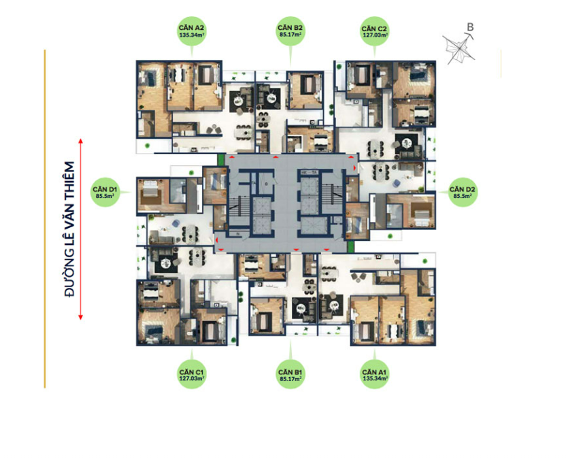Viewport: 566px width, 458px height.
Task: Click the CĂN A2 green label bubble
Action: [x=192, y=31]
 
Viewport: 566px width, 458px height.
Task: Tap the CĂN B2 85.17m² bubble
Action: [x=290, y=31]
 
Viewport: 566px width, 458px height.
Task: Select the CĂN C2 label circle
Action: [x=374, y=31]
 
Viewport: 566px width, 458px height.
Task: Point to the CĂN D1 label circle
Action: [x=105, y=192]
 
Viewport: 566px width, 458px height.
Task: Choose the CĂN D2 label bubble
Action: [x=463, y=192]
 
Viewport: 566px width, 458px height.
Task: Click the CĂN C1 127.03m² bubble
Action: [x=192, y=374]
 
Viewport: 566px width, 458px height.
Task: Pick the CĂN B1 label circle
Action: [x=290, y=374]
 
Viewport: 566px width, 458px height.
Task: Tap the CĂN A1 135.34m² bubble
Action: [x=374, y=374]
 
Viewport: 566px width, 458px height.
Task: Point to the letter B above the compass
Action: [x=470, y=27]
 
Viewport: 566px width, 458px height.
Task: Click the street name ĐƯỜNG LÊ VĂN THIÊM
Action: [x=69, y=229]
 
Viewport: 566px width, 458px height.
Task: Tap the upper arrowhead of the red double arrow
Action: [x=81, y=142]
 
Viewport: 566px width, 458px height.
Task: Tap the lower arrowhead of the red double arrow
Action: [x=81, y=316]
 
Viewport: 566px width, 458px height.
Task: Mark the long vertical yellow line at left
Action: [x=45, y=219]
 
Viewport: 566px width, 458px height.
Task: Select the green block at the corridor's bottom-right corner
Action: [x=350, y=247]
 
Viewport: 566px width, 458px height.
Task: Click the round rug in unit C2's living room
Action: [x=407, y=144]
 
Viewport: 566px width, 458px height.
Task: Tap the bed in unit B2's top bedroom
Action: [x=307, y=84]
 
